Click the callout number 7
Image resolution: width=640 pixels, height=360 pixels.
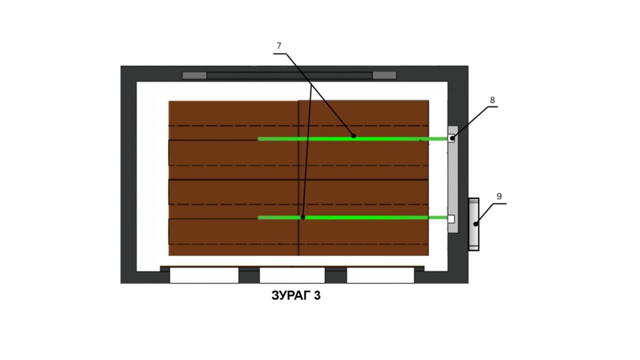coord(279,46)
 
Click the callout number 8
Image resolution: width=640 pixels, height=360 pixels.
coord(492,100)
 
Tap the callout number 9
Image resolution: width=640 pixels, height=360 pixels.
coord(499,196)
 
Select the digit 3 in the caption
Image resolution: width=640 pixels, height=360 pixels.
coord(317,295)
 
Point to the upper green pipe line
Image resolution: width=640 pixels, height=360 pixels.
coord(353,139)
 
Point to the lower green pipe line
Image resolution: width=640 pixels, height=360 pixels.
coord(353,217)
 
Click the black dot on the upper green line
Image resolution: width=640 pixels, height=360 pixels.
coord(354,136)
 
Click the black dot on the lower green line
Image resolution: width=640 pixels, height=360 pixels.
coord(303,217)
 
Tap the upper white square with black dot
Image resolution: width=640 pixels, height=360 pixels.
coord(451,138)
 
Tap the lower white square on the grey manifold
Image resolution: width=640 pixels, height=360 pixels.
coord(451,219)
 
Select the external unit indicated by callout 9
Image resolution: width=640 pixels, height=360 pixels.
coord(474,224)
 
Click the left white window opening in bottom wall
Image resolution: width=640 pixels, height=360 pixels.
coord(204,275)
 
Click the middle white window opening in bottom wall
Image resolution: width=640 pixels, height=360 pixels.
coord(292,275)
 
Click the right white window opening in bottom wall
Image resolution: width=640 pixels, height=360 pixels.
coord(380,275)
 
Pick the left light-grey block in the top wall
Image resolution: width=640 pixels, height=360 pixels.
coord(194,75)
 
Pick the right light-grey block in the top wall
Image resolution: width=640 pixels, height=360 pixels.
coord(384,75)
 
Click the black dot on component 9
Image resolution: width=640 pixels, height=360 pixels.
coord(476,224)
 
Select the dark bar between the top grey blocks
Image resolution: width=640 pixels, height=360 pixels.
coord(289,75)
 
